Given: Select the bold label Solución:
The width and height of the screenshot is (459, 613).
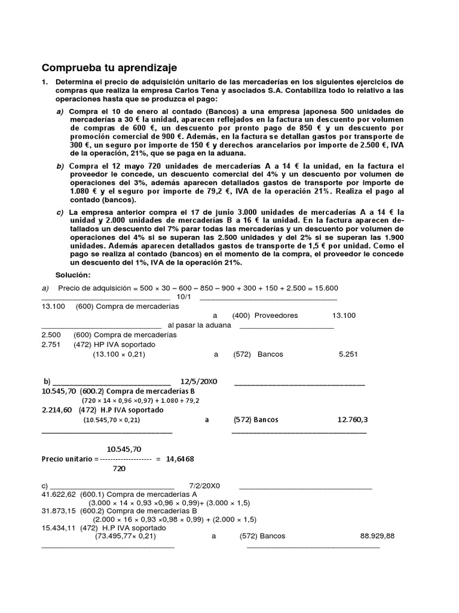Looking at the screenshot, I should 72,275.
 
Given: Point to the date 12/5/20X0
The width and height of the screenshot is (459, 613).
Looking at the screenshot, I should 199,381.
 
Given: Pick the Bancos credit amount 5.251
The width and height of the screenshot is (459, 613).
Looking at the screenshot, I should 347,354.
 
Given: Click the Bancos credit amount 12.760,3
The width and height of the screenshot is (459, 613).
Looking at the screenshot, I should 353,420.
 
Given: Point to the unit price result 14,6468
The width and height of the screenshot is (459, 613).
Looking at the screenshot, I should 180,459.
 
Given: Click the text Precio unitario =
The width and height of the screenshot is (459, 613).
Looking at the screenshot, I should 68,459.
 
